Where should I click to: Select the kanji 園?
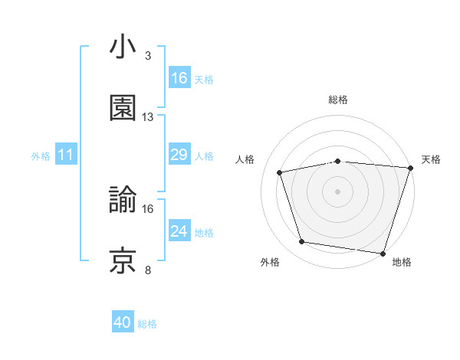(123, 108)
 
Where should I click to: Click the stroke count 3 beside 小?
(147, 56)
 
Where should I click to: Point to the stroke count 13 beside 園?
(148, 116)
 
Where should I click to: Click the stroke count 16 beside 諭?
(148, 208)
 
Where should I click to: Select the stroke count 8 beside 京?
(147, 269)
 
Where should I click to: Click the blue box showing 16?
(179, 78)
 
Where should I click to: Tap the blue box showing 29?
(179, 155)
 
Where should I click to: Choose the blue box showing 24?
(179, 231)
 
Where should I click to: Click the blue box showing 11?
(66, 155)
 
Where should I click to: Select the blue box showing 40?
(123, 323)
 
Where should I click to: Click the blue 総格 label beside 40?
(147, 324)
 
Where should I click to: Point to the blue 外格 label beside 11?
(41, 156)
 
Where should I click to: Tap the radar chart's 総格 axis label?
(337, 100)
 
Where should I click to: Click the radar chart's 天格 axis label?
(431, 159)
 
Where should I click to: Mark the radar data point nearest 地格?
(383, 253)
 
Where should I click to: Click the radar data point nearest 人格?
(281, 172)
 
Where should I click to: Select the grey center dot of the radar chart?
(337, 191)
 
